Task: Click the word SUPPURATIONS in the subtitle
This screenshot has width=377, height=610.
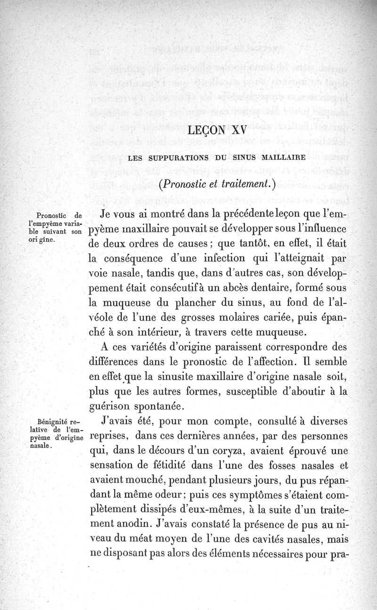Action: pyautogui.click(x=178, y=157)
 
